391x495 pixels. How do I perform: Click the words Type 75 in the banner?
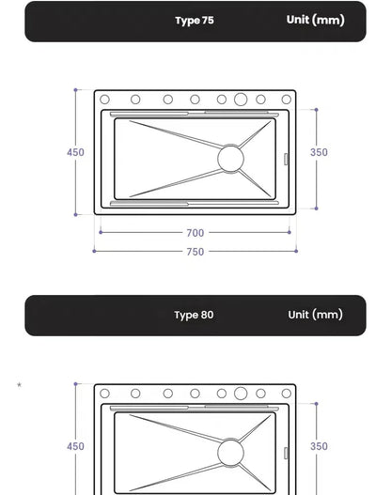point(195,21)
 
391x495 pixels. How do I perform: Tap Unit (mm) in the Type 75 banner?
point(315,20)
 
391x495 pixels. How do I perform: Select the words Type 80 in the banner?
point(194,315)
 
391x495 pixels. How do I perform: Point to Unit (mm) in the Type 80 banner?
point(315,315)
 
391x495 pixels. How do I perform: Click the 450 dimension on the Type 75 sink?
point(75,152)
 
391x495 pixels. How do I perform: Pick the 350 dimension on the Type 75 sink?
point(320,152)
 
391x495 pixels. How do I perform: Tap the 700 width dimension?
point(195,233)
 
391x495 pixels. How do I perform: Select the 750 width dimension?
point(195,252)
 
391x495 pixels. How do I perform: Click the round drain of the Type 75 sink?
point(230,158)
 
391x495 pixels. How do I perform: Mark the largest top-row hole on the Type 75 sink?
point(241,99)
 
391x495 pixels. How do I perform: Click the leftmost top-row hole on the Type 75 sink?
point(105,99)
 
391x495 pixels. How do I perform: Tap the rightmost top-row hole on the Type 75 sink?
point(286,99)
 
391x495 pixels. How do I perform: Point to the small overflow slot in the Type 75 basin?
point(286,159)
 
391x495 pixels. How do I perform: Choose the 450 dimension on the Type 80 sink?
point(75,447)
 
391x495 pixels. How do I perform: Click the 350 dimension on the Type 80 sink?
point(320,447)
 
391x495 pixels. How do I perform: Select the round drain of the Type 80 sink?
point(230,453)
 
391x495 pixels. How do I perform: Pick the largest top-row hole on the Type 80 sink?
point(241,394)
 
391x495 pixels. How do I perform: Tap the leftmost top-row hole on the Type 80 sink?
point(105,394)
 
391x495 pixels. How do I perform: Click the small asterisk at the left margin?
point(19,384)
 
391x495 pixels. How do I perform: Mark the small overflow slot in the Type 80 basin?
point(286,454)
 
